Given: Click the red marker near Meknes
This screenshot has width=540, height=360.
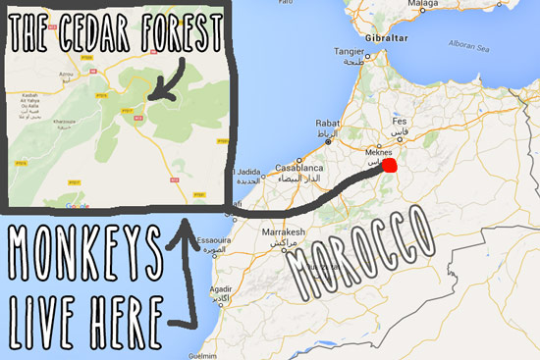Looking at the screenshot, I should point(390,167).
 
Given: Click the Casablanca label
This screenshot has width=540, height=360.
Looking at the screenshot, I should point(298,168).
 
